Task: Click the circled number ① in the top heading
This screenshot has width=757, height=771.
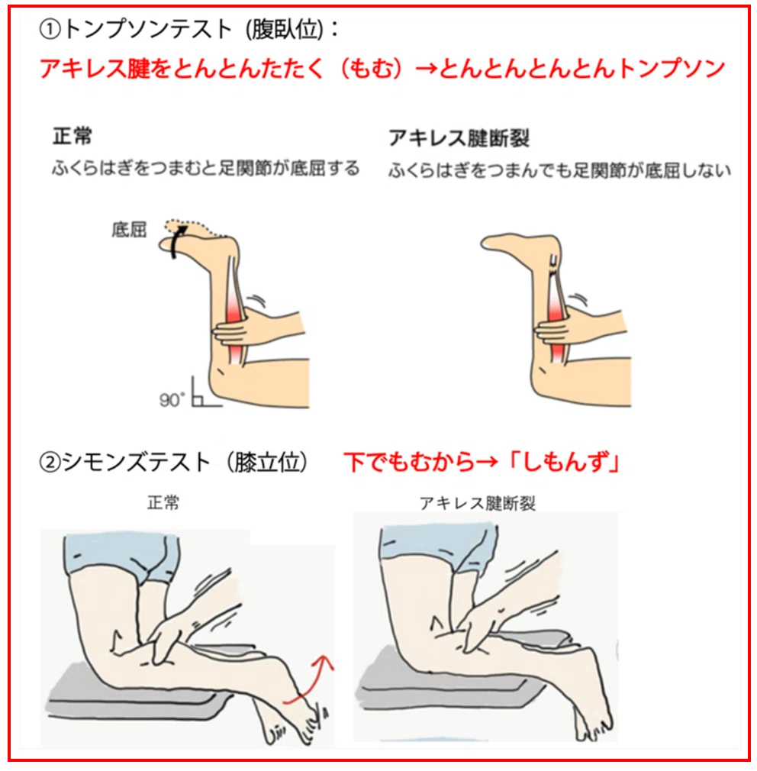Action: click(50, 30)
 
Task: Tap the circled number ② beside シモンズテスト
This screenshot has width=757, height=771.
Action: click(50, 463)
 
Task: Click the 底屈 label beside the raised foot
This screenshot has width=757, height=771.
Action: click(129, 230)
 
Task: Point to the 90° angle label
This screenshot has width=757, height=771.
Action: click(172, 399)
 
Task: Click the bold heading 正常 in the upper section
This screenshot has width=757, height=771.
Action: click(72, 136)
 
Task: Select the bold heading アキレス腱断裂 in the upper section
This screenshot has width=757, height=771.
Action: click(459, 138)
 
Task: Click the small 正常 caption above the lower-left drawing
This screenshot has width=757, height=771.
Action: click(164, 503)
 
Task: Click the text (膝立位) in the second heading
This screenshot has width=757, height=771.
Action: click(267, 463)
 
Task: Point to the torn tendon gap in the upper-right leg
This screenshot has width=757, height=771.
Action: click(554, 266)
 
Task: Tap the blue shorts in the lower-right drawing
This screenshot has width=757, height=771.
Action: click(437, 546)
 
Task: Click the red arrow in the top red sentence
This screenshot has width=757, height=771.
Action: click(426, 69)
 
